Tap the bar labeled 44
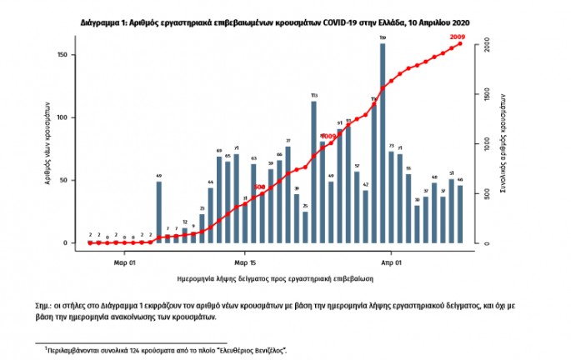point(211,215)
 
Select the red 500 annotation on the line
point(259,187)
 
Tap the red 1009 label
point(328,136)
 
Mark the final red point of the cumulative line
point(459,44)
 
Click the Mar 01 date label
point(125,261)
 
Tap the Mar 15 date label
point(245,261)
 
